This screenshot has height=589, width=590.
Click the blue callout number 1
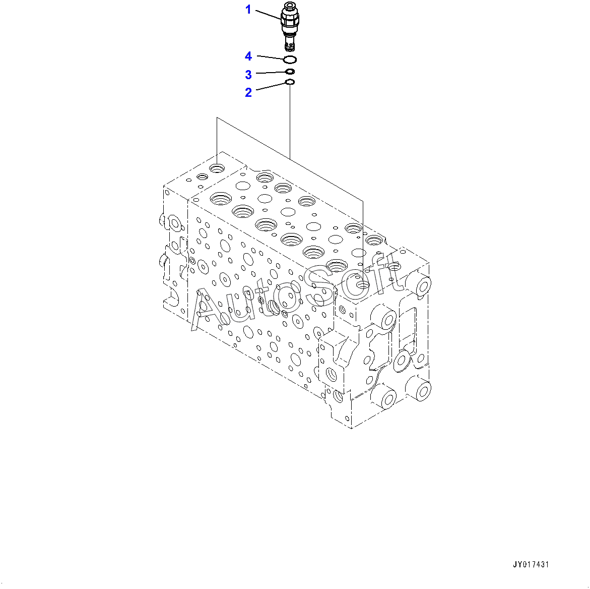coord(248,10)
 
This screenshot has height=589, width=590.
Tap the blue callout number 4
coord(248,56)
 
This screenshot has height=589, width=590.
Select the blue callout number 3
coord(248,75)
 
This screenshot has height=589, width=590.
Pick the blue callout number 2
coord(248,92)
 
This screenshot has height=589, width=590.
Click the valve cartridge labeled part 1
coord(290,26)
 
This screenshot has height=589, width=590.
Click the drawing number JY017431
coord(531,564)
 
